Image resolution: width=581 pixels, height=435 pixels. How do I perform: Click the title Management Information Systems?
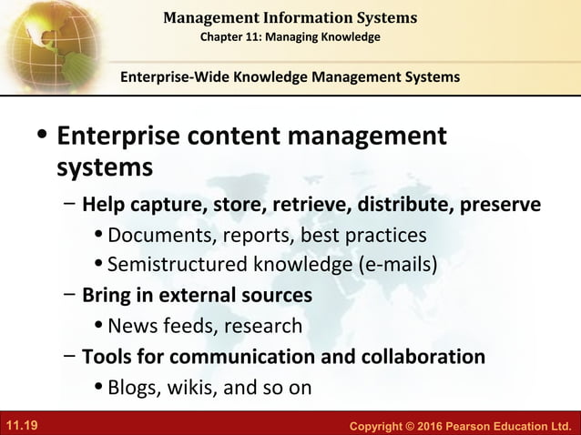(289, 17)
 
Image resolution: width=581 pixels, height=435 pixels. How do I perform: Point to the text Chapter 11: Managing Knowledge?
(290, 36)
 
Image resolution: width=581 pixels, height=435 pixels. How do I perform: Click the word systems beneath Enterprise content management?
(104, 168)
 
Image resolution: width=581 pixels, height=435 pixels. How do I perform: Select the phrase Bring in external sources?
(197, 296)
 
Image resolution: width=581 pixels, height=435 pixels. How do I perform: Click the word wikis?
(194, 387)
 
